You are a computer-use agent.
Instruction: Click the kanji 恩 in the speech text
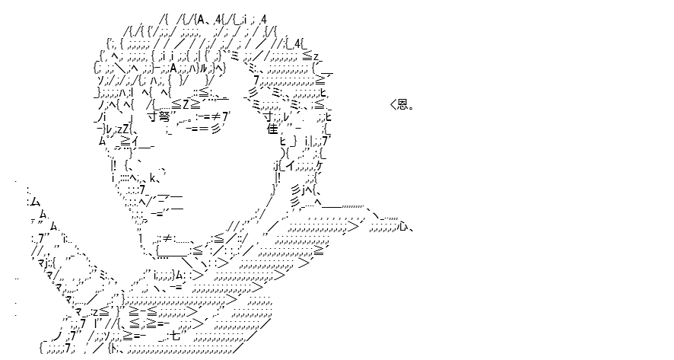point(402,104)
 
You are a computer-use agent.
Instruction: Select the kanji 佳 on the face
point(273,129)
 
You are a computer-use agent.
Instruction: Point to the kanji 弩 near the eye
point(164,116)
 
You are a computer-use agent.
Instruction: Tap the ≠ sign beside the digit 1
point(167,238)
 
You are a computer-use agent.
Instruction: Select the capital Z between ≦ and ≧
point(186,104)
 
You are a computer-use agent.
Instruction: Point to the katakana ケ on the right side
point(319,166)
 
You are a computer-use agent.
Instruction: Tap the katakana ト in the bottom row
point(114,348)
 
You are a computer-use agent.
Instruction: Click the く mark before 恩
point(393,104)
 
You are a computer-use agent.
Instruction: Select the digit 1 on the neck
point(141,237)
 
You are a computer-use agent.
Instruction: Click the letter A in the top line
point(201,19)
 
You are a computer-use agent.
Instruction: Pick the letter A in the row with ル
point(173,68)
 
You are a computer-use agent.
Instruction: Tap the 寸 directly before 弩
point(154,116)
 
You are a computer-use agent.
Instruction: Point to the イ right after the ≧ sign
point(135,141)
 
